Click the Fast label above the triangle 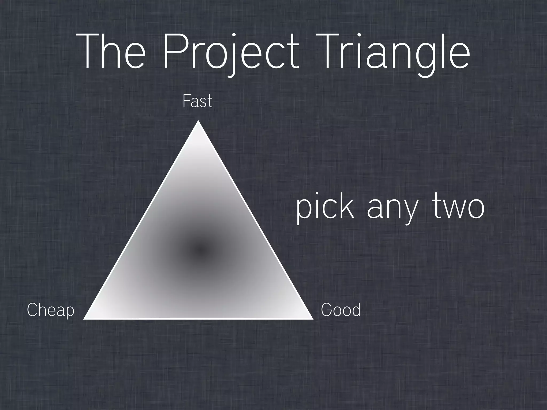197,101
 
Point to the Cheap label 50,310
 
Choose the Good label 341,310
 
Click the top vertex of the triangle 198,121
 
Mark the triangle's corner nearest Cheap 85,318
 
